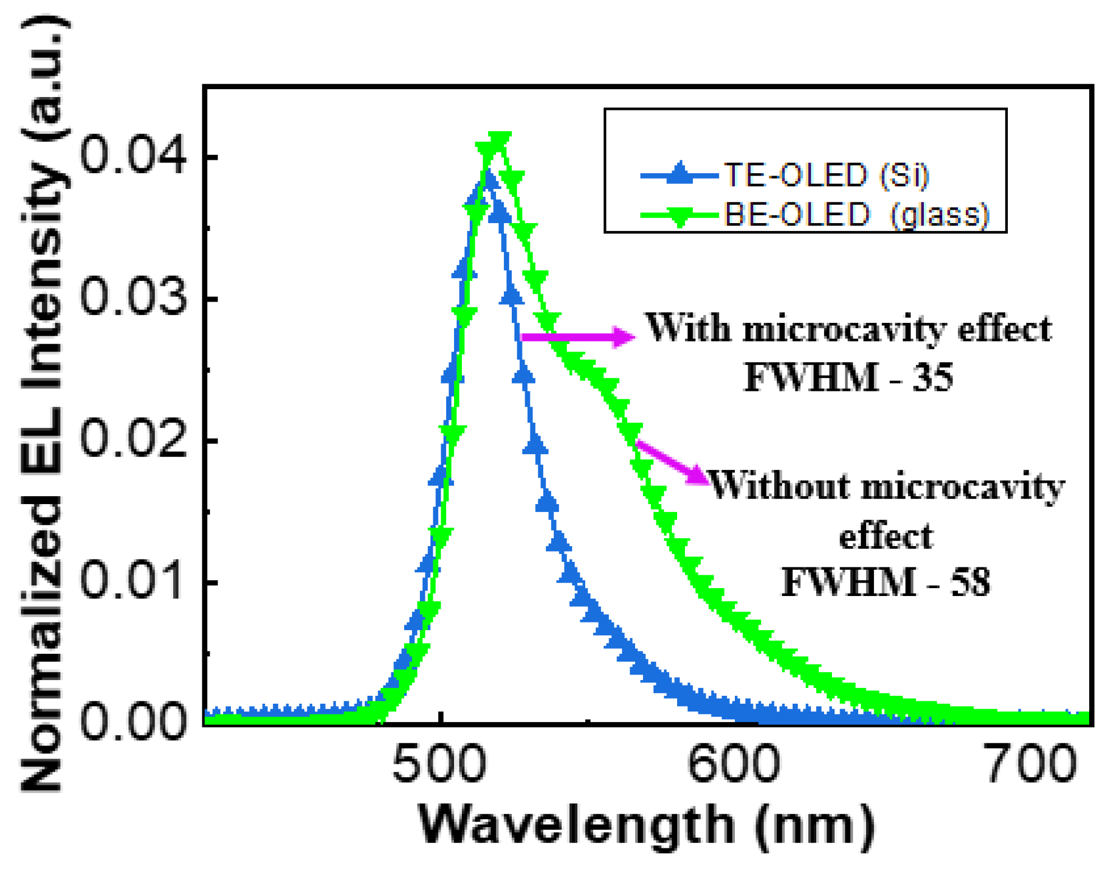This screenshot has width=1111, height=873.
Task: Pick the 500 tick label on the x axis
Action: (x=439, y=764)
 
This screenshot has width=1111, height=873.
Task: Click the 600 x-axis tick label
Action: (x=733, y=764)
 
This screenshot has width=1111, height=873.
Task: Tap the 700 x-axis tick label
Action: (x=1030, y=764)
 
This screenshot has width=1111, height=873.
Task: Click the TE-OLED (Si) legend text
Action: (x=827, y=175)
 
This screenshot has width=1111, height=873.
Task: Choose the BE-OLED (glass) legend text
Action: (x=857, y=214)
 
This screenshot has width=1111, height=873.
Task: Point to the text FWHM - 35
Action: (x=848, y=377)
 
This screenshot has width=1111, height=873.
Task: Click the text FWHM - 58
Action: (x=886, y=582)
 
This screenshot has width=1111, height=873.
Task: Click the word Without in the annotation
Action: (x=780, y=486)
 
